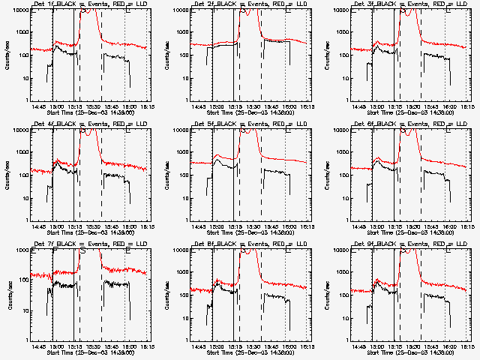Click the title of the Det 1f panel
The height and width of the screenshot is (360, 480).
tap(91, 4)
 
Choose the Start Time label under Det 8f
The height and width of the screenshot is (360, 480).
tap(251, 352)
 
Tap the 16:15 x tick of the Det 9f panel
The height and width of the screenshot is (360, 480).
tap(466, 346)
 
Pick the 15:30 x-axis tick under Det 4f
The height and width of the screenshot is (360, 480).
tap(92, 226)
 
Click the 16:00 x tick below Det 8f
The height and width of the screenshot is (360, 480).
tap(286, 346)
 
